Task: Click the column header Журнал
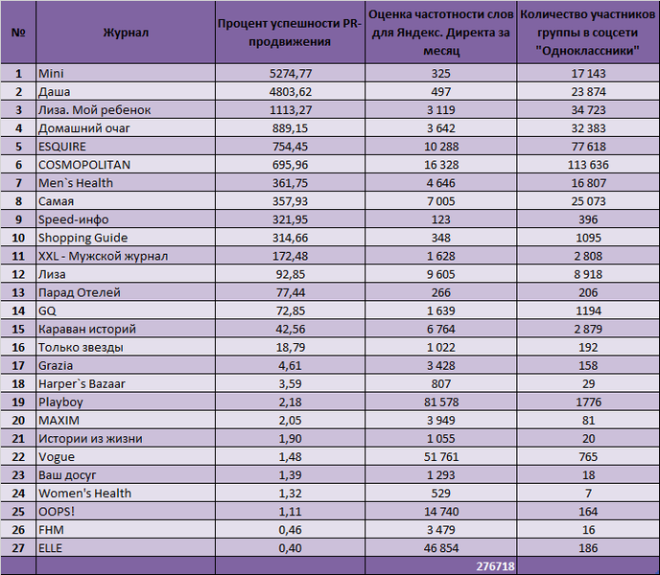click(x=126, y=33)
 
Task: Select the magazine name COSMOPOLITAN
click(x=84, y=165)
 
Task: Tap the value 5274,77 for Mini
click(x=291, y=74)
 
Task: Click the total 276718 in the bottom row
click(x=495, y=566)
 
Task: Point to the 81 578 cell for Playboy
click(x=441, y=402)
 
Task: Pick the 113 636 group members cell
click(x=588, y=165)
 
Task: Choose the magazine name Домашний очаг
click(x=84, y=128)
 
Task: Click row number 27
click(x=18, y=548)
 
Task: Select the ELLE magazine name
click(x=50, y=548)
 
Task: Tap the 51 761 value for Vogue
click(x=441, y=457)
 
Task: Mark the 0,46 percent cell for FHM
click(x=290, y=530)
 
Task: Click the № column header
click(x=18, y=33)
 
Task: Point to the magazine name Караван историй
click(x=87, y=329)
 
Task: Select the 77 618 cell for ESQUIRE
click(x=588, y=147)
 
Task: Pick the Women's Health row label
click(x=84, y=494)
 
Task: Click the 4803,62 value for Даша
click(x=291, y=92)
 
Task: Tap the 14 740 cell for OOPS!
click(x=441, y=512)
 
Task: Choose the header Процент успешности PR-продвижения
click(x=290, y=33)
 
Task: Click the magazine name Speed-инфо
click(x=73, y=219)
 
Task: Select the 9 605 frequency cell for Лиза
click(x=441, y=274)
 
